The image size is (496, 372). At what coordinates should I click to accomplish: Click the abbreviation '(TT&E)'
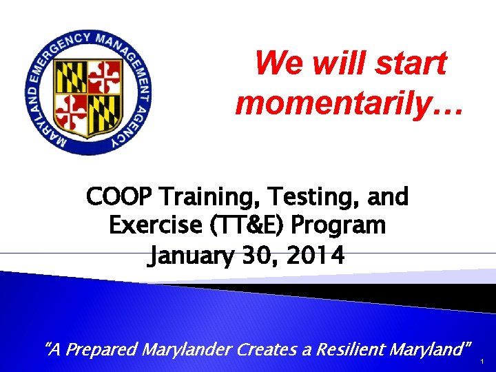249,225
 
